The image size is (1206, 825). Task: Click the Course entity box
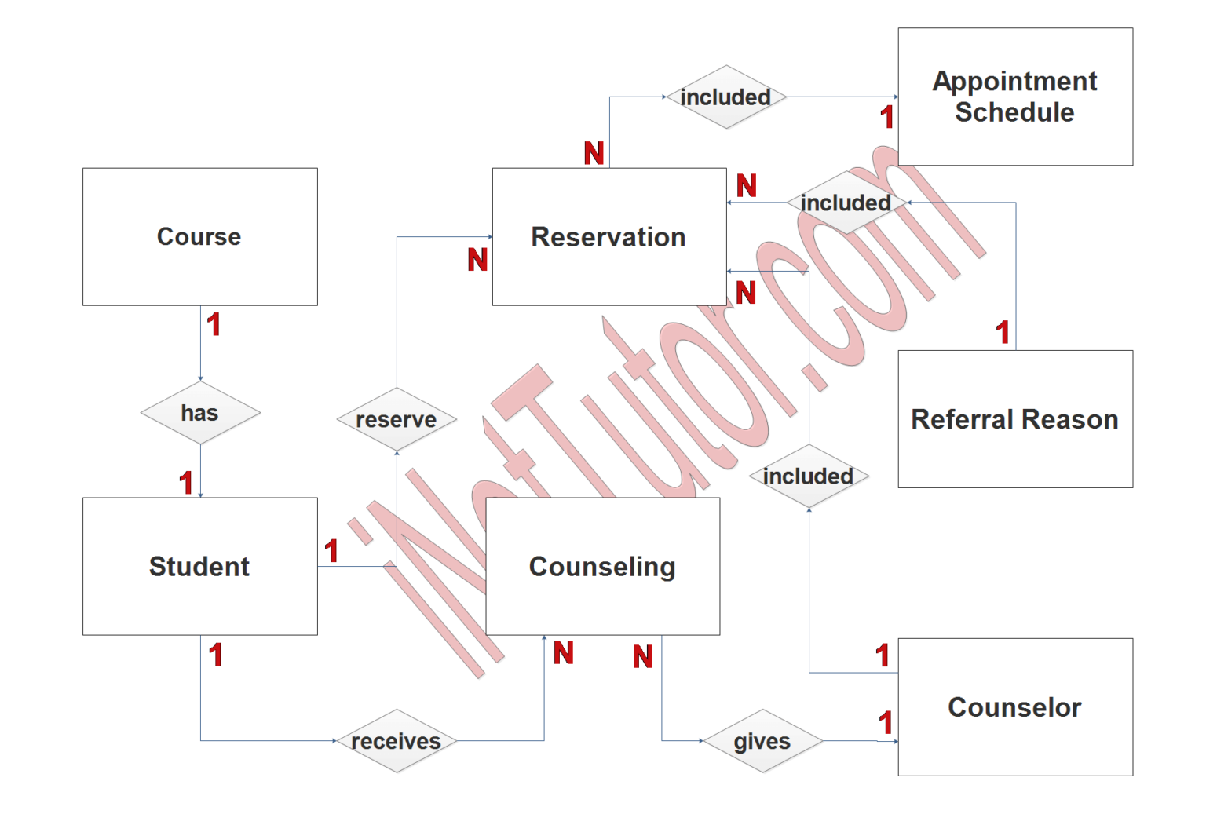[x=199, y=236]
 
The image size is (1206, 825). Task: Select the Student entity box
[x=199, y=566]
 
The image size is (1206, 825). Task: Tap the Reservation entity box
[x=608, y=236]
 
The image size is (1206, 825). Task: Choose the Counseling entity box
[x=602, y=566]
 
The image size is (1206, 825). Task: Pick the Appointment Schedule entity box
[x=1014, y=97]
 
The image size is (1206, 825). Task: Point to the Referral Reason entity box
[x=1014, y=419]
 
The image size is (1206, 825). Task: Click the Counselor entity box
[x=1014, y=706]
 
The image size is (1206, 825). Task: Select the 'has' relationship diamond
[x=200, y=413]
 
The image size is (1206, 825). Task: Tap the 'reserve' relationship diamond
[x=397, y=419]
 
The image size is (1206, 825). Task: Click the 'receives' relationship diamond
[x=397, y=740]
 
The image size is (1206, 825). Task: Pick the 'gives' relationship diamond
[x=762, y=740]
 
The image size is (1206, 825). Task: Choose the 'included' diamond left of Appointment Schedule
[x=726, y=97]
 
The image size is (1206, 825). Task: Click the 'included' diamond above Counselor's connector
[x=809, y=476]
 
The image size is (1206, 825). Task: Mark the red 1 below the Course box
[x=214, y=324]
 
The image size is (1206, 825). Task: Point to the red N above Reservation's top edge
[x=594, y=153]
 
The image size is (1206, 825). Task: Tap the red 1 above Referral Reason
[x=1003, y=333]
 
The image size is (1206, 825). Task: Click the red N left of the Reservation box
[x=478, y=260]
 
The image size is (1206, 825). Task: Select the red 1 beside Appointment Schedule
[x=887, y=118]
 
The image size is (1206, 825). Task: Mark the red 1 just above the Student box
[x=186, y=482]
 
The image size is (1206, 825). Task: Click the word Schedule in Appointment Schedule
[x=1014, y=112]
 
